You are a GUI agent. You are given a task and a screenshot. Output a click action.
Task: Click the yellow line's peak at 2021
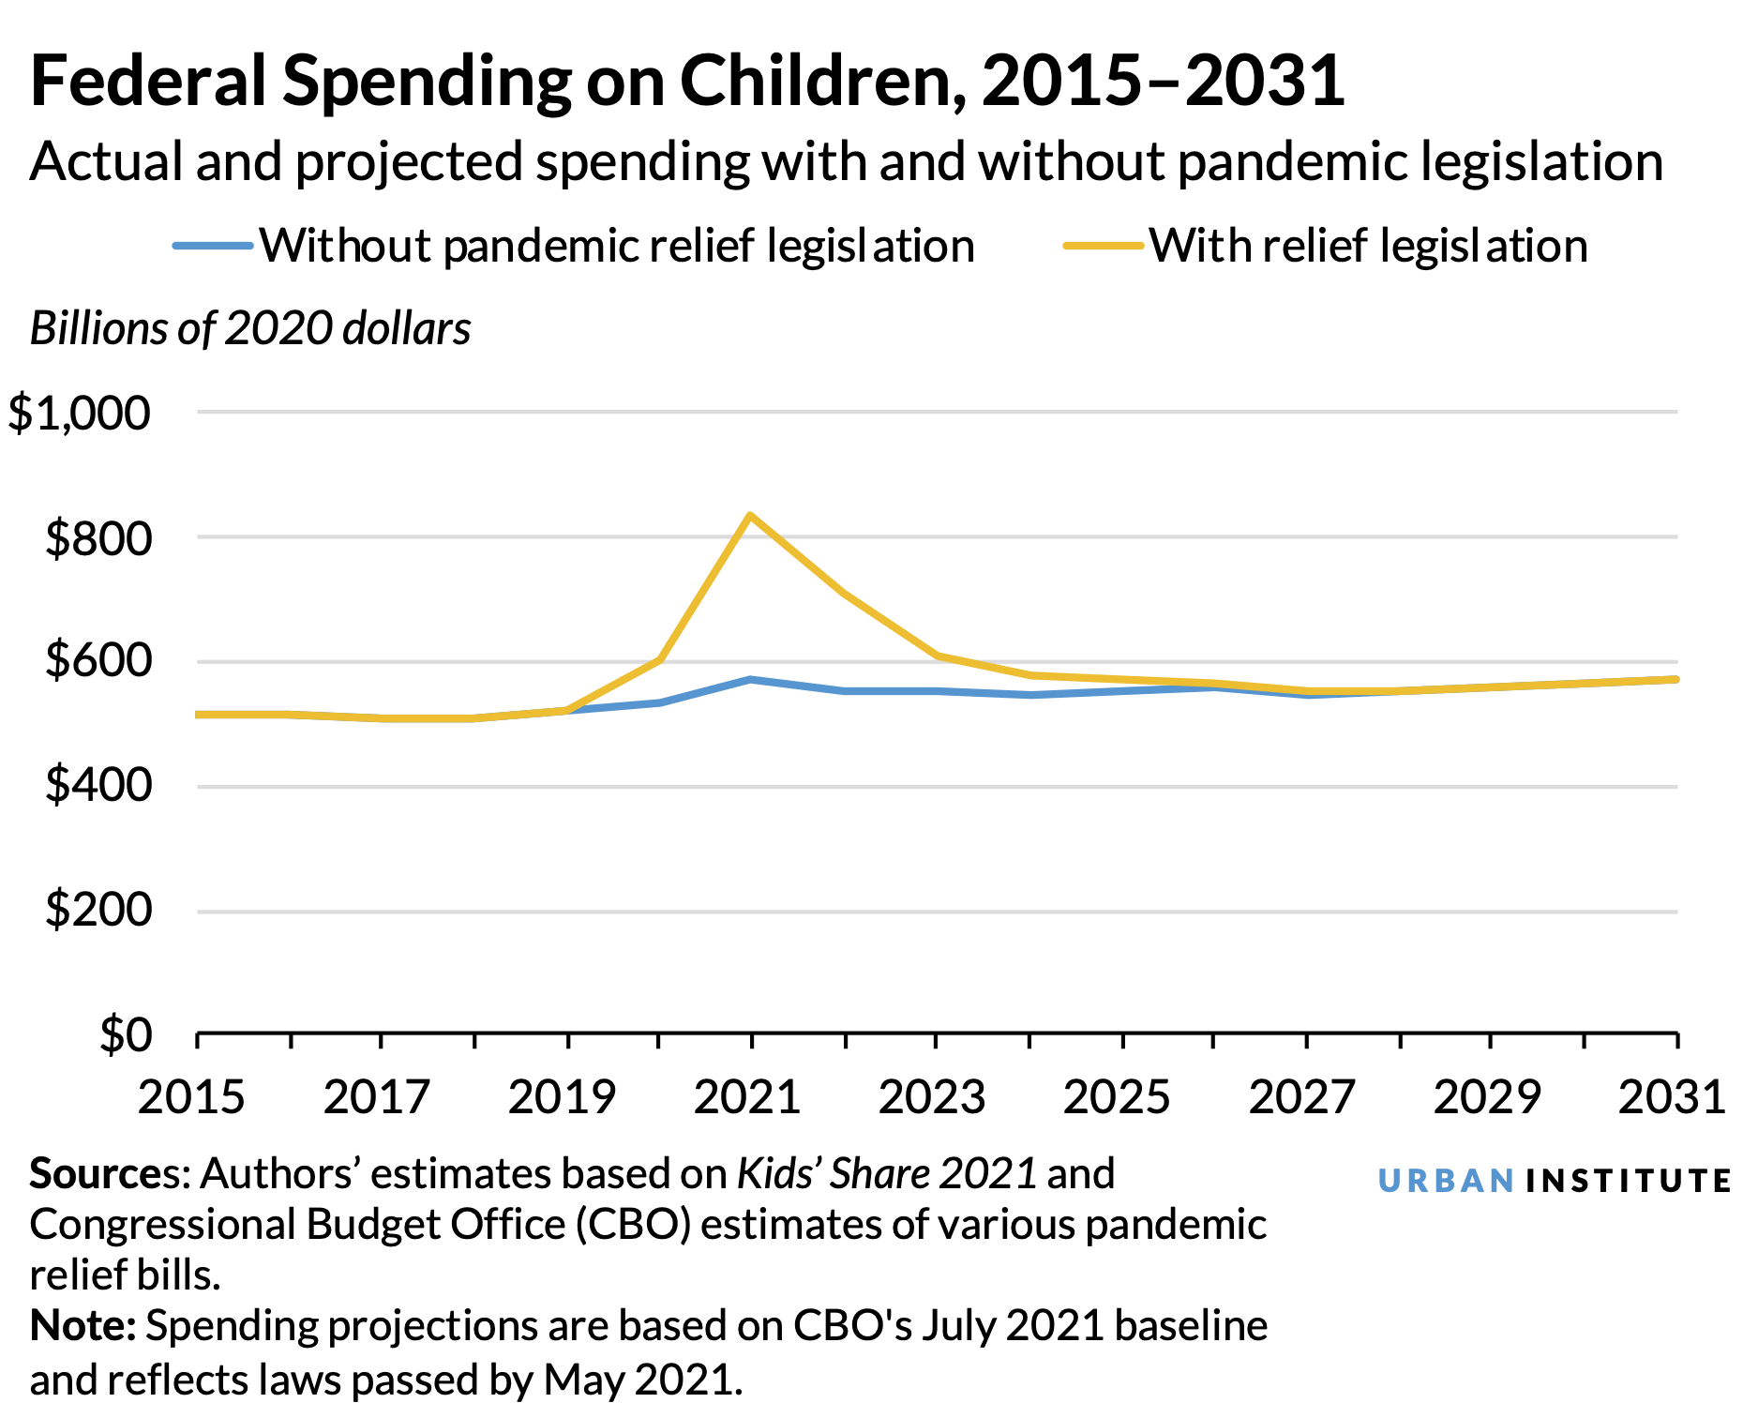coord(750,515)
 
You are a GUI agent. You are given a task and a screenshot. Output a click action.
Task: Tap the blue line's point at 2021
coord(750,679)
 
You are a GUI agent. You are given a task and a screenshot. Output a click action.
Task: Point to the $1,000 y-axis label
coord(80,414)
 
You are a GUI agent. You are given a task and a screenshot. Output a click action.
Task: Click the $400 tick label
coord(98,785)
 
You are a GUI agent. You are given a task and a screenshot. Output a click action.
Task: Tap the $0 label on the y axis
coord(126,1035)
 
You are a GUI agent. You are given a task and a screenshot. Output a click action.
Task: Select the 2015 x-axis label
coord(192,1097)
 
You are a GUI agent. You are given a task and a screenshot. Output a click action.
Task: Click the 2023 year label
coord(932,1097)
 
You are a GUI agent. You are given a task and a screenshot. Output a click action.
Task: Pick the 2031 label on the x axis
coord(1672,1097)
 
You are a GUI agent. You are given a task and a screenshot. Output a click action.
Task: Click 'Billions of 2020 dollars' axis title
coord(250,329)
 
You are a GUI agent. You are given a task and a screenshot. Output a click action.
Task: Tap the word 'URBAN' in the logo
coord(1446,1181)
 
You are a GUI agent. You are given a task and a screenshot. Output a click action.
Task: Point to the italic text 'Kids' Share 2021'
coord(886,1174)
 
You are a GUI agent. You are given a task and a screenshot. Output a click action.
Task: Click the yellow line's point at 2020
coord(660,659)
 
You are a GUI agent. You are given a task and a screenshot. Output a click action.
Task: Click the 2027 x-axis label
coord(1302,1097)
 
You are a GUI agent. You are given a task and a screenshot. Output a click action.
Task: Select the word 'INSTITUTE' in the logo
coord(1628,1181)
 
